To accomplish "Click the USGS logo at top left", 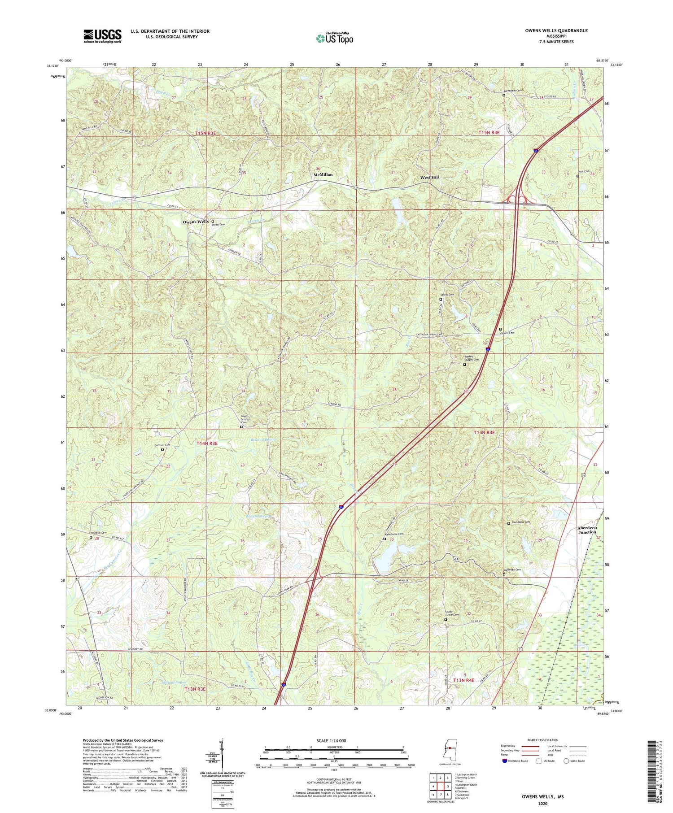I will point(102,36).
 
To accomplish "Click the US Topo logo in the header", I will point(334,38).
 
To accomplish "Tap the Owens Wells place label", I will point(196,222).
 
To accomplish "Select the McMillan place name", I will point(323,174).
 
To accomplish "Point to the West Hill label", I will point(429,178).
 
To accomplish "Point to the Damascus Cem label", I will point(521,522).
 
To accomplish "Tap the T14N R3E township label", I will point(207,443).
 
